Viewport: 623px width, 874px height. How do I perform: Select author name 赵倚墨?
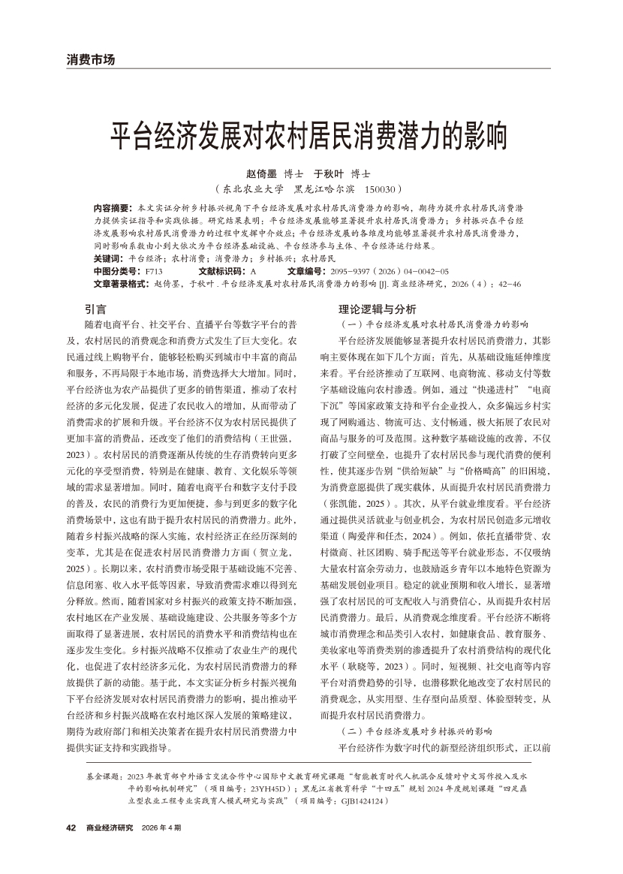pyautogui.click(x=260, y=173)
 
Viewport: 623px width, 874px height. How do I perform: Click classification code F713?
pyautogui.click(x=154, y=270)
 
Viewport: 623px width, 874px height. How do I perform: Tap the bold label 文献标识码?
pyautogui.click(x=223, y=270)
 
